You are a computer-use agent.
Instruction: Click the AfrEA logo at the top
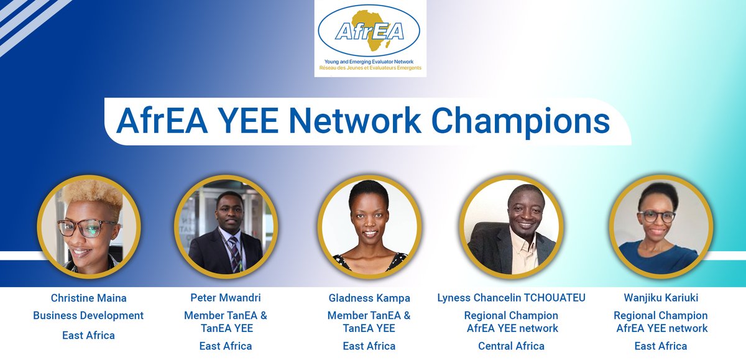click(x=370, y=39)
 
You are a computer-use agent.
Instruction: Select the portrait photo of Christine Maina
click(x=88, y=226)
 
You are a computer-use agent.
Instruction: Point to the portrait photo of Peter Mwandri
click(x=226, y=226)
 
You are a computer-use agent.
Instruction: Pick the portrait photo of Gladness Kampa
click(x=369, y=226)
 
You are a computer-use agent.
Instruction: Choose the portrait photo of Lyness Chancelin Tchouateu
click(x=513, y=226)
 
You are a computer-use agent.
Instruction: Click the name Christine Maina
click(x=88, y=298)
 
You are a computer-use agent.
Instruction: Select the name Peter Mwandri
click(x=226, y=298)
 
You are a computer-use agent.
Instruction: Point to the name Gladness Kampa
click(x=369, y=298)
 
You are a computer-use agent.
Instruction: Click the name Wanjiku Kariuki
click(x=661, y=298)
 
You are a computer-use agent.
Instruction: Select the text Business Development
click(x=88, y=316)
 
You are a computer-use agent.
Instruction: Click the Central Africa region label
click(x=511, y=346)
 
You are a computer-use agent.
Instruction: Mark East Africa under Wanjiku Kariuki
click(x=661, y=346)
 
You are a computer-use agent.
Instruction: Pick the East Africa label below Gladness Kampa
click(x=369, y=346)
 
